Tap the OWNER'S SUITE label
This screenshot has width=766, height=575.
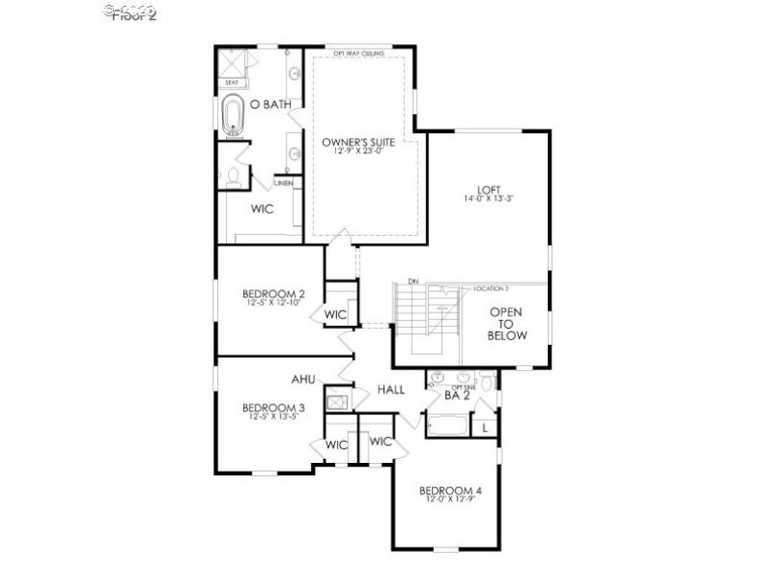(x=358, y=142)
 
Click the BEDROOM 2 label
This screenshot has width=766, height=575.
(x=273, y=293)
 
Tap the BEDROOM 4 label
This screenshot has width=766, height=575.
(x=450, y=492)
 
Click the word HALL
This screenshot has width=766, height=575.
(x=390, y=390)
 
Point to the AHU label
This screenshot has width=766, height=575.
(x=304, y=379)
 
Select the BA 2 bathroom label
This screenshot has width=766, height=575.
(x=456, y=395)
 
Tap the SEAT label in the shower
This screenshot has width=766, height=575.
(x=231, y=82)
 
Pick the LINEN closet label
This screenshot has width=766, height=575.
(x=283, y=182)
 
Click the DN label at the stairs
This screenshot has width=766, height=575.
(x=413, y=282)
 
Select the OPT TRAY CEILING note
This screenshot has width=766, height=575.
(x=359, y=54)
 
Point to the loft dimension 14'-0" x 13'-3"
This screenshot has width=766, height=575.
(x=488, y=199)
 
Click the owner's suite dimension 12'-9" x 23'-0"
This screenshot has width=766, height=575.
(x=358, y=151)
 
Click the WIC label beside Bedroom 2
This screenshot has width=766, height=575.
(x=335, y=314)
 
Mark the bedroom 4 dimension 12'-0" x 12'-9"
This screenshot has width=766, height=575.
(x=450, y=502)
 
